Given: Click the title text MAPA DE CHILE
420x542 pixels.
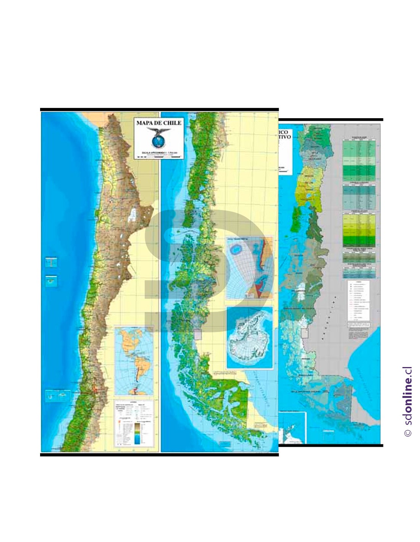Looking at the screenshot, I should point(159,123).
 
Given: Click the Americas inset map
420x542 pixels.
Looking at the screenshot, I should point(134,361).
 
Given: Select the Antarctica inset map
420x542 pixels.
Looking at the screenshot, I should point(250,338).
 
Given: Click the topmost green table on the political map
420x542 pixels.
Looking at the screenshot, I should point(359,160).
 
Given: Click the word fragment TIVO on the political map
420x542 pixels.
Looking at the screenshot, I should point(285,137).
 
